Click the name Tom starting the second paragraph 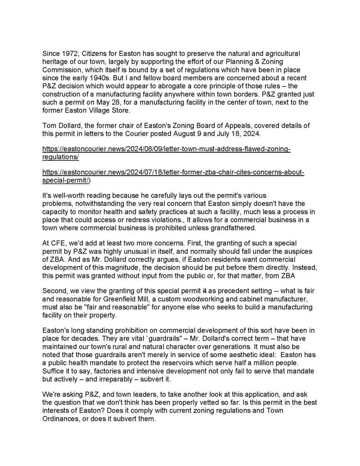(49, 126)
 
